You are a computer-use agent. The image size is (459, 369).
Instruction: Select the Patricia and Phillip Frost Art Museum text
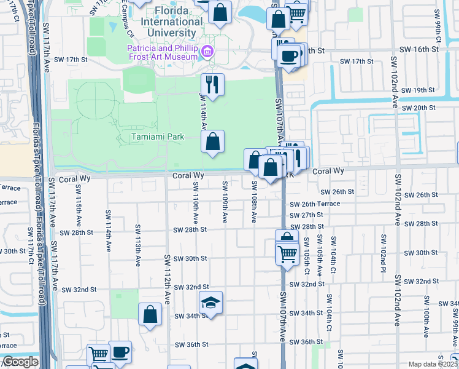pyautogui.click(x=162, y=52)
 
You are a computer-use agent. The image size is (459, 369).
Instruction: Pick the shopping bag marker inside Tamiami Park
pyautogui.click(x=212, y=142)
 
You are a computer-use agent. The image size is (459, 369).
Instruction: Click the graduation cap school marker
pyautogui.click(x=210, y=303)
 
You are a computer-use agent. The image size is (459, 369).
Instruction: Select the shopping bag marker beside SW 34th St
pyautogui.click(x=150, y=315)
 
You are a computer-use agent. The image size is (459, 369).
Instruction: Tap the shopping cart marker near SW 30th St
pyautogui.click(x=287, y=253)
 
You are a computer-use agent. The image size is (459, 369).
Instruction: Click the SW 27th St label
pyautogui.click(x=307, y=215)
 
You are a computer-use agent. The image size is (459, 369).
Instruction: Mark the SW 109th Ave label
pyautogui.click(x=225, y=202)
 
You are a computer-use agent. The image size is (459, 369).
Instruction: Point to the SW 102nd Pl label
pyautogui.click(x=383, y=253)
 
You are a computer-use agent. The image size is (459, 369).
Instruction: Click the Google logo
pyautogui.click(x=20, y=362)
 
